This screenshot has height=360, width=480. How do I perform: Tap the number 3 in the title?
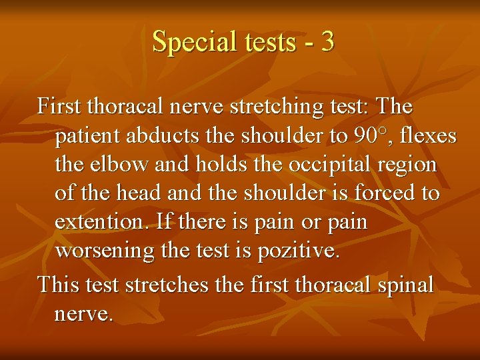pyautogui.click(x=327, y=42)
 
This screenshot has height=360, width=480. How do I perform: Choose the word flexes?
pyautogui.click(x=427, y=136)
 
